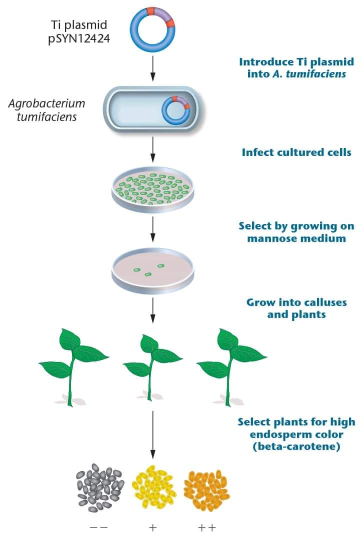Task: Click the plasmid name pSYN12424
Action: [x=79, y=38]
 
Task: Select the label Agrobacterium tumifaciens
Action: [x=46, y=109]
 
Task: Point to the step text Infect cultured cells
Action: [x=296, y=152]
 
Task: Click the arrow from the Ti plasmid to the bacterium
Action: [x=153, y=67]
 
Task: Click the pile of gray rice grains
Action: [x=100, y=488]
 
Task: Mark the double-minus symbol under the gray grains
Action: [x=98, y=527]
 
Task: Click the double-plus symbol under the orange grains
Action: [x=207, y=527]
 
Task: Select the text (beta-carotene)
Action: [x=296, y=446]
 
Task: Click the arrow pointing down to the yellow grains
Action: [x=153, y=434]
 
